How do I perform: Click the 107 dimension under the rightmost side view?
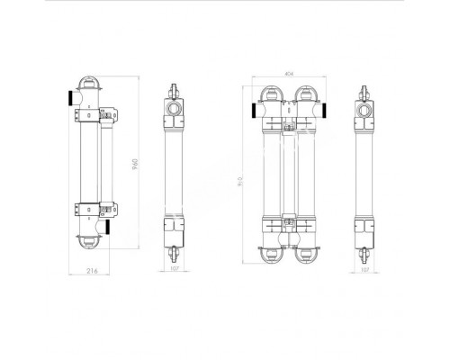(364, 268)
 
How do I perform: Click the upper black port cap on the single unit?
(69, 96)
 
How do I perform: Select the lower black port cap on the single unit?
(109, 224)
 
